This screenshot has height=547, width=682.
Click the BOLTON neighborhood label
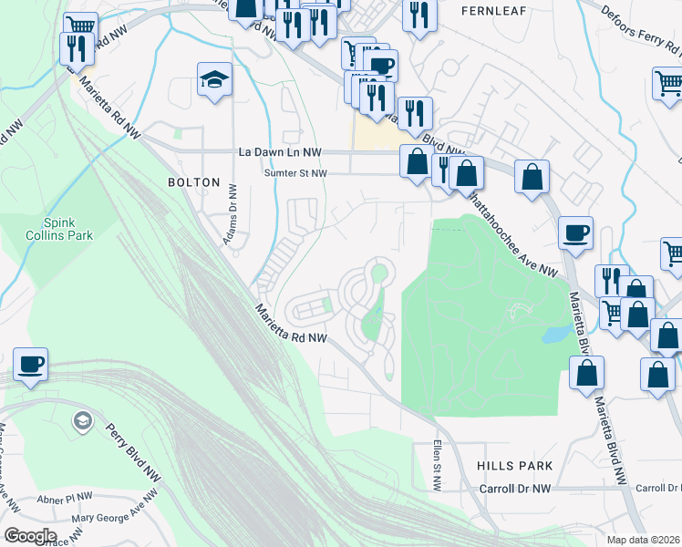(194, 182)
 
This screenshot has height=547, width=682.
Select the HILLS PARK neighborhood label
(514, 466)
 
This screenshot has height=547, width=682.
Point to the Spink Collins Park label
(67, 229)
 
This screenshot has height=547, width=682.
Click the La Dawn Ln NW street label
(280, 152)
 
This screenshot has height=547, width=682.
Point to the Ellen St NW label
(439, 467)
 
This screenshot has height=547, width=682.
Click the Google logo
(29, 536)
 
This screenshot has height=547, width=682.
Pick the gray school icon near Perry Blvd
(82, 420)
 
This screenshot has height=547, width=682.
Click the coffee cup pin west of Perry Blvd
(31, 366)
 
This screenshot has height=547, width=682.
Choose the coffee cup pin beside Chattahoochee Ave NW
(574, 233)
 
